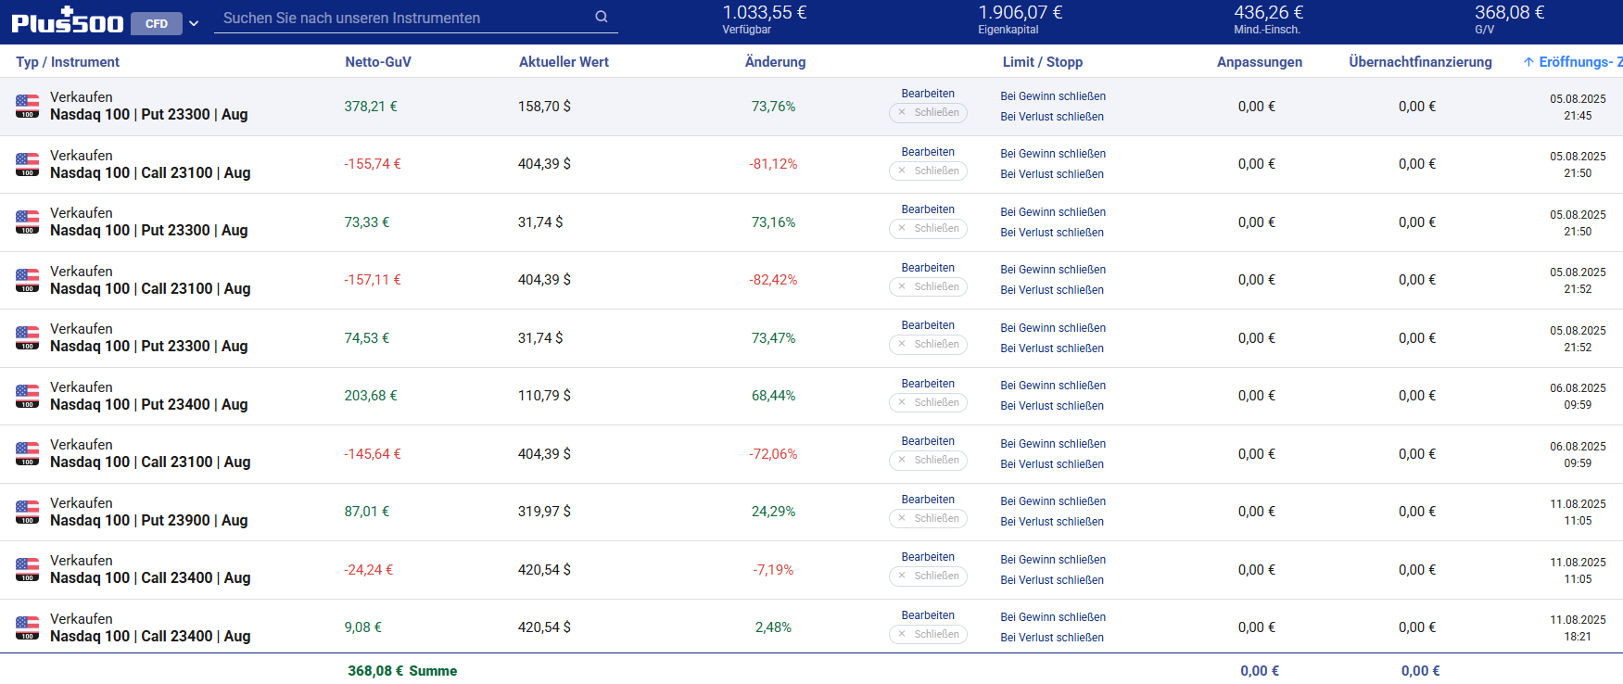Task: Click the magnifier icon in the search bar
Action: [602, 17]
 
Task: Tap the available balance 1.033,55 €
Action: [764, 13]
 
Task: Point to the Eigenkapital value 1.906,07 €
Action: [1020, 13]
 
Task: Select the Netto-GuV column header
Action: [378, 62]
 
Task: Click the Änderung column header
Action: [775, 62]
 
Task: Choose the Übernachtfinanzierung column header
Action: [1420, 62]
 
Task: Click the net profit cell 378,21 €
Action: [371, 107]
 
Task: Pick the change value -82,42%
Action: [773, 280]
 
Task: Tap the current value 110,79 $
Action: [544, 396]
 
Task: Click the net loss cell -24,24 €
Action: [369, 570]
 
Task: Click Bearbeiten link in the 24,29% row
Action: [928, 500]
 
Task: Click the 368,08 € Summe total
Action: [402, 671]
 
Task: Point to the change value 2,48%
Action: [773, 627]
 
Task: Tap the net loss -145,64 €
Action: [373, 454]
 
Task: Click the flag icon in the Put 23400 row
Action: [28, 396]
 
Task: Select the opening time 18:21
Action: [1578, 637]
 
